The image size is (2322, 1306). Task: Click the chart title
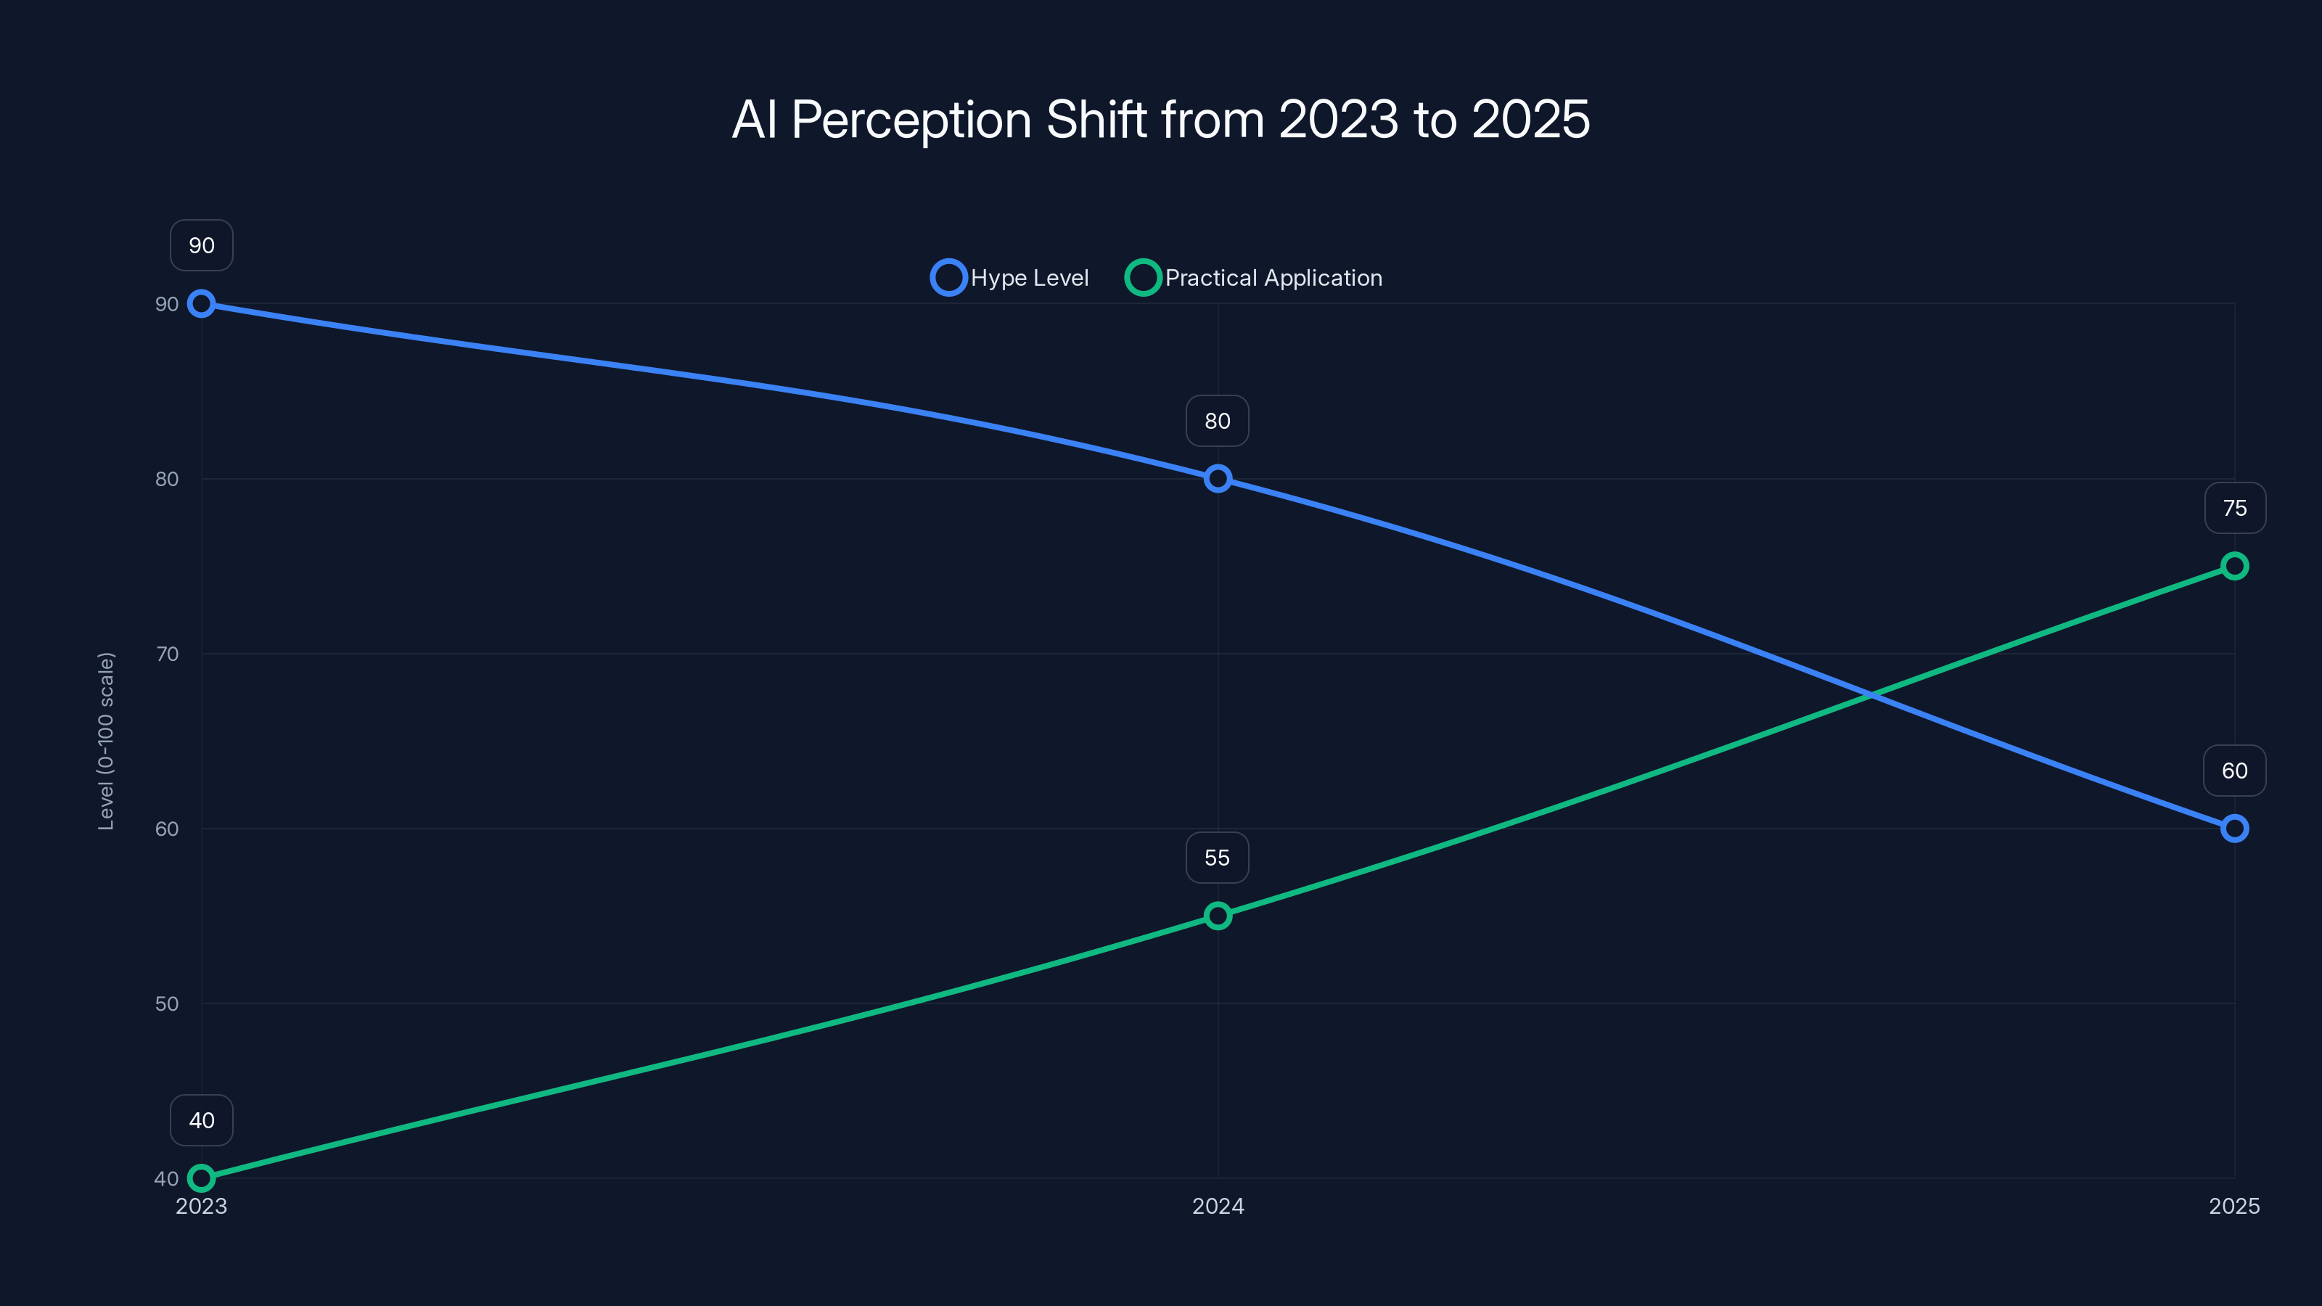point(1161,120)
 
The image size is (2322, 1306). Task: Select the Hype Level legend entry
point(1011,278)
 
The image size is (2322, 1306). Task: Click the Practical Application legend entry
point(1255,278)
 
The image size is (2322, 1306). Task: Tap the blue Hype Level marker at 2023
point(201,304)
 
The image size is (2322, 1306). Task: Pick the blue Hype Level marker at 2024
point(1218,479)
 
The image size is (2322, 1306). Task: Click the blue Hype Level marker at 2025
point(2233,829)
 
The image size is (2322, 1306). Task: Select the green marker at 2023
point(201,1178)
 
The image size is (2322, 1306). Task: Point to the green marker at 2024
point(1218,916)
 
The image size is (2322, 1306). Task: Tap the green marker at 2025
point(2233,566)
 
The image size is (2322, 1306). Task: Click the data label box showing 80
point(1217,421)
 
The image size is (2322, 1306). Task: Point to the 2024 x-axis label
point(1218,1206)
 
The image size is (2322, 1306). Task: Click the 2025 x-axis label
point(2233,1206)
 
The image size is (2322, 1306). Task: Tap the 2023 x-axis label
point(201,1206)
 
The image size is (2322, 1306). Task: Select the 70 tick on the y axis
point(167,654)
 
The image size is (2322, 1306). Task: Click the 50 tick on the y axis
point(167,1003)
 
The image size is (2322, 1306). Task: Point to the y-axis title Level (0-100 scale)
point(107,741)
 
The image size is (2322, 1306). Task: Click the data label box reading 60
point(2233,771)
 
